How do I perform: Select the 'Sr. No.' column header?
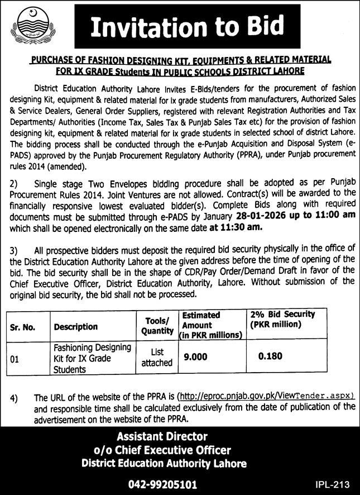[x=23, y=327]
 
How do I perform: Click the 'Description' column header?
[x=76, y=327]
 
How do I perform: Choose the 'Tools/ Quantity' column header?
[x=157, y=326]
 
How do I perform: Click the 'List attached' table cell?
[x=157, y=358]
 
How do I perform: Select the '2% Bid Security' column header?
[x=283, y=320]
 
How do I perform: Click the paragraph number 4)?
[x=14, y=398]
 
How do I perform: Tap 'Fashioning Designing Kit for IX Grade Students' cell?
[x=92, y=358]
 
